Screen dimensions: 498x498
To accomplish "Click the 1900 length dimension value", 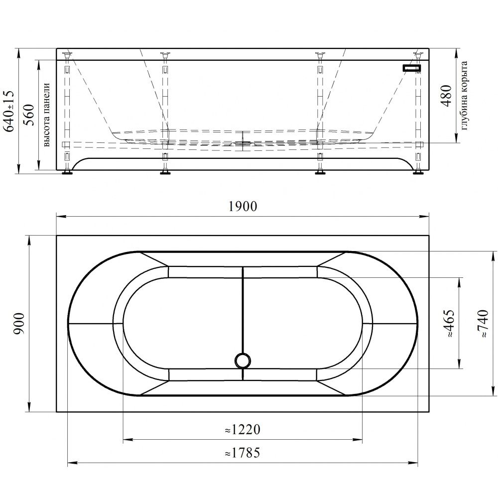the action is coord(243,207).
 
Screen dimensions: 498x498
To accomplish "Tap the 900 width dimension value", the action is coord(19,324).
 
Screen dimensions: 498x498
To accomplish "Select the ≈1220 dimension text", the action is coord(243,430).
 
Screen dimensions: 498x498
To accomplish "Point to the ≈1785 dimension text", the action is coord(243,453).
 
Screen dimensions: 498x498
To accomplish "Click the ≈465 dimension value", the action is coord(449,323).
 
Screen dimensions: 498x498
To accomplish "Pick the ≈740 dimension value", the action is coord(483,323).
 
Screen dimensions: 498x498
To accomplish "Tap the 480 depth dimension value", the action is coord(446,96).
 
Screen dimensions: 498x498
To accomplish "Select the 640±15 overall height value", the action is coord(8,111).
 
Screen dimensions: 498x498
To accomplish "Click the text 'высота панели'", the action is coord(46,115).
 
